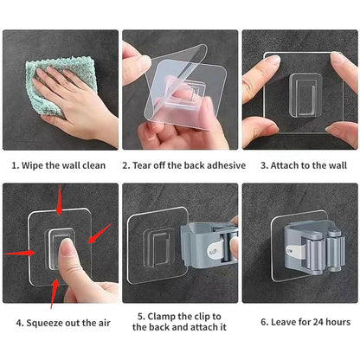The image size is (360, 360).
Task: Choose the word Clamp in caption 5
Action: (x=160, y=316)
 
